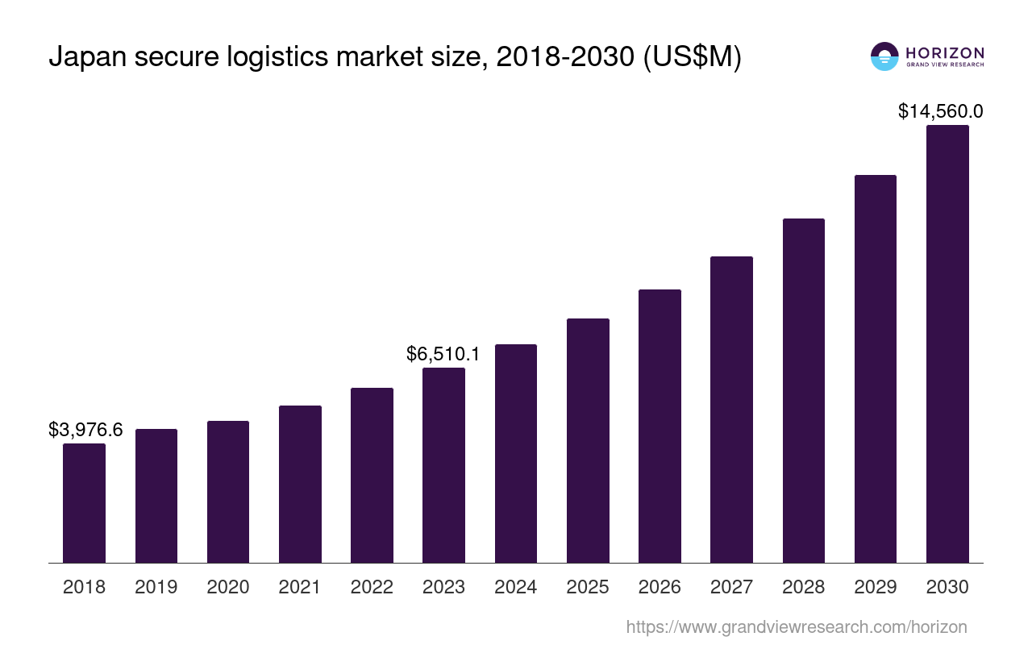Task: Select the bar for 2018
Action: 84,503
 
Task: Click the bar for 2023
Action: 443,465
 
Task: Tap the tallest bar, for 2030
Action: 947,344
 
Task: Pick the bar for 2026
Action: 660,427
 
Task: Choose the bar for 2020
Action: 228,492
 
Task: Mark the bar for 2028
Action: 803,391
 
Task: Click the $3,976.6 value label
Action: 85,430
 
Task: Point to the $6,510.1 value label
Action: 443,354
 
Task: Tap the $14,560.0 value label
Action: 940,111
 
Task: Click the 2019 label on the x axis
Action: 156,587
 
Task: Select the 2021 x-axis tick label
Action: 300,587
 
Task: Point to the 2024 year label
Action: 516,587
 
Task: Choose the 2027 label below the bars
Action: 731,587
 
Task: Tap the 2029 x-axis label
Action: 876,587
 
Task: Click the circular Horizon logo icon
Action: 884,56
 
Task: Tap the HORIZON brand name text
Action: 945,52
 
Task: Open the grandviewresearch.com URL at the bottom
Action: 796,626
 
